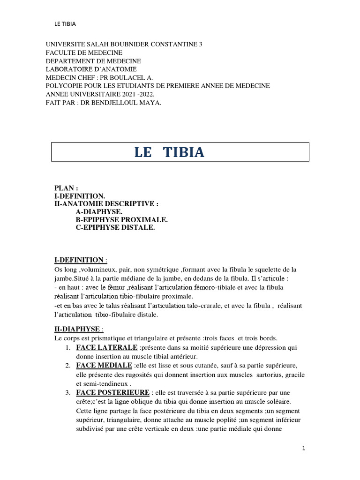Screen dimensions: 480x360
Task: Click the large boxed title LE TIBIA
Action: click(169, 153)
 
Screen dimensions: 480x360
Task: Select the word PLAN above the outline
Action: click(64, 188)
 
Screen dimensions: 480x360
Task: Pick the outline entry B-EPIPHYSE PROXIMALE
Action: click(121, 220)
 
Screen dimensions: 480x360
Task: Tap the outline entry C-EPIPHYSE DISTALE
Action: click(115, 228)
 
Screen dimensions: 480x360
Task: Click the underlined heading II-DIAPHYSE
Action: click(76, 330)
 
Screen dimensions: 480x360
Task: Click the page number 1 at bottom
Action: click(304, 449)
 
